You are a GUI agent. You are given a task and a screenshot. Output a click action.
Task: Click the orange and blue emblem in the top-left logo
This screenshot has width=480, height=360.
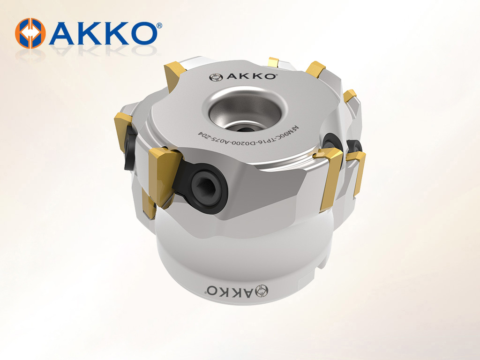click(x=30, y=33)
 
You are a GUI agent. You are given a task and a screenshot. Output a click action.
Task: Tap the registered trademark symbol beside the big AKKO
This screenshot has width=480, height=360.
click(x=159, y=26)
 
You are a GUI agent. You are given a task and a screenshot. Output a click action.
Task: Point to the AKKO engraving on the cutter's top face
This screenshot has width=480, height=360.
click(x=242, y=76)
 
